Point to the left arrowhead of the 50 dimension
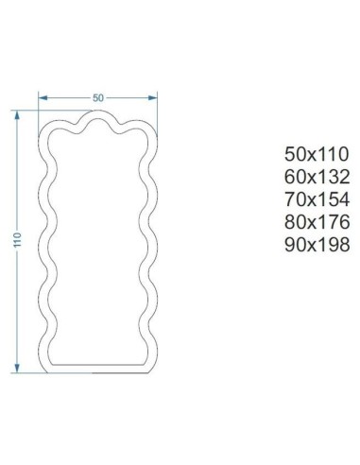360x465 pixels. (x=41, y=96)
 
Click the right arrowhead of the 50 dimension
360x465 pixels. (x=153, y=96)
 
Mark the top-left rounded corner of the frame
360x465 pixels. (x=46, y=128)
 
